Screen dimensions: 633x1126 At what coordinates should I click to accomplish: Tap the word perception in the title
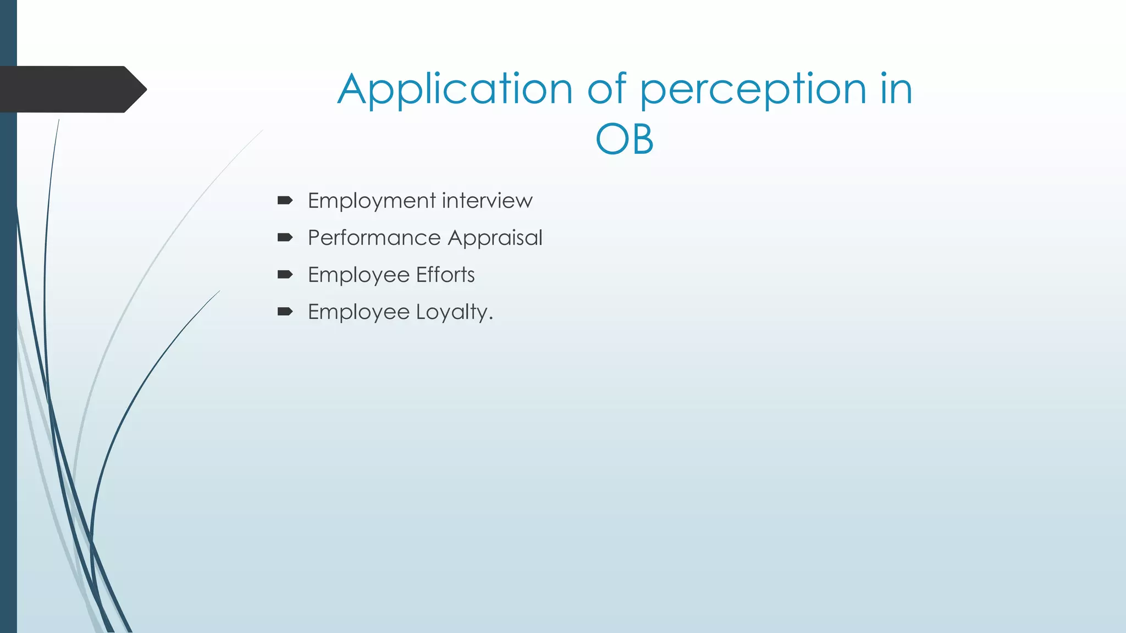coord(753,90)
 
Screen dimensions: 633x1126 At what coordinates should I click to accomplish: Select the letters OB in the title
coord(625,139)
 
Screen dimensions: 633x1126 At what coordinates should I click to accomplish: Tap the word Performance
coord(374,238)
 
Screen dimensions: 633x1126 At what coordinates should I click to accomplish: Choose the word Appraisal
coord(495,238)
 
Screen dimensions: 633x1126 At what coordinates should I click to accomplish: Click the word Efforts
coord(445,275)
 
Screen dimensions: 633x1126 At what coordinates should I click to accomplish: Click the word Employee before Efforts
coord(358,275)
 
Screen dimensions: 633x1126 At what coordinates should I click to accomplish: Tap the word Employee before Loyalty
coord(358,312)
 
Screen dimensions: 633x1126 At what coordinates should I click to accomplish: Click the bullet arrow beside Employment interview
coord(285,201)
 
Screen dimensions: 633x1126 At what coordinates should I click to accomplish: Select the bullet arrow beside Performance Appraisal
coord(285,237)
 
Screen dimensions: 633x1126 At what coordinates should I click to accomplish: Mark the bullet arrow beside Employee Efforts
coord(285,275)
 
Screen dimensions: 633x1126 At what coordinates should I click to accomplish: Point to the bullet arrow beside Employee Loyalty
coord(285,312)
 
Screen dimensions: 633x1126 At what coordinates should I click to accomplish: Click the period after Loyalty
coord(490,319)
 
